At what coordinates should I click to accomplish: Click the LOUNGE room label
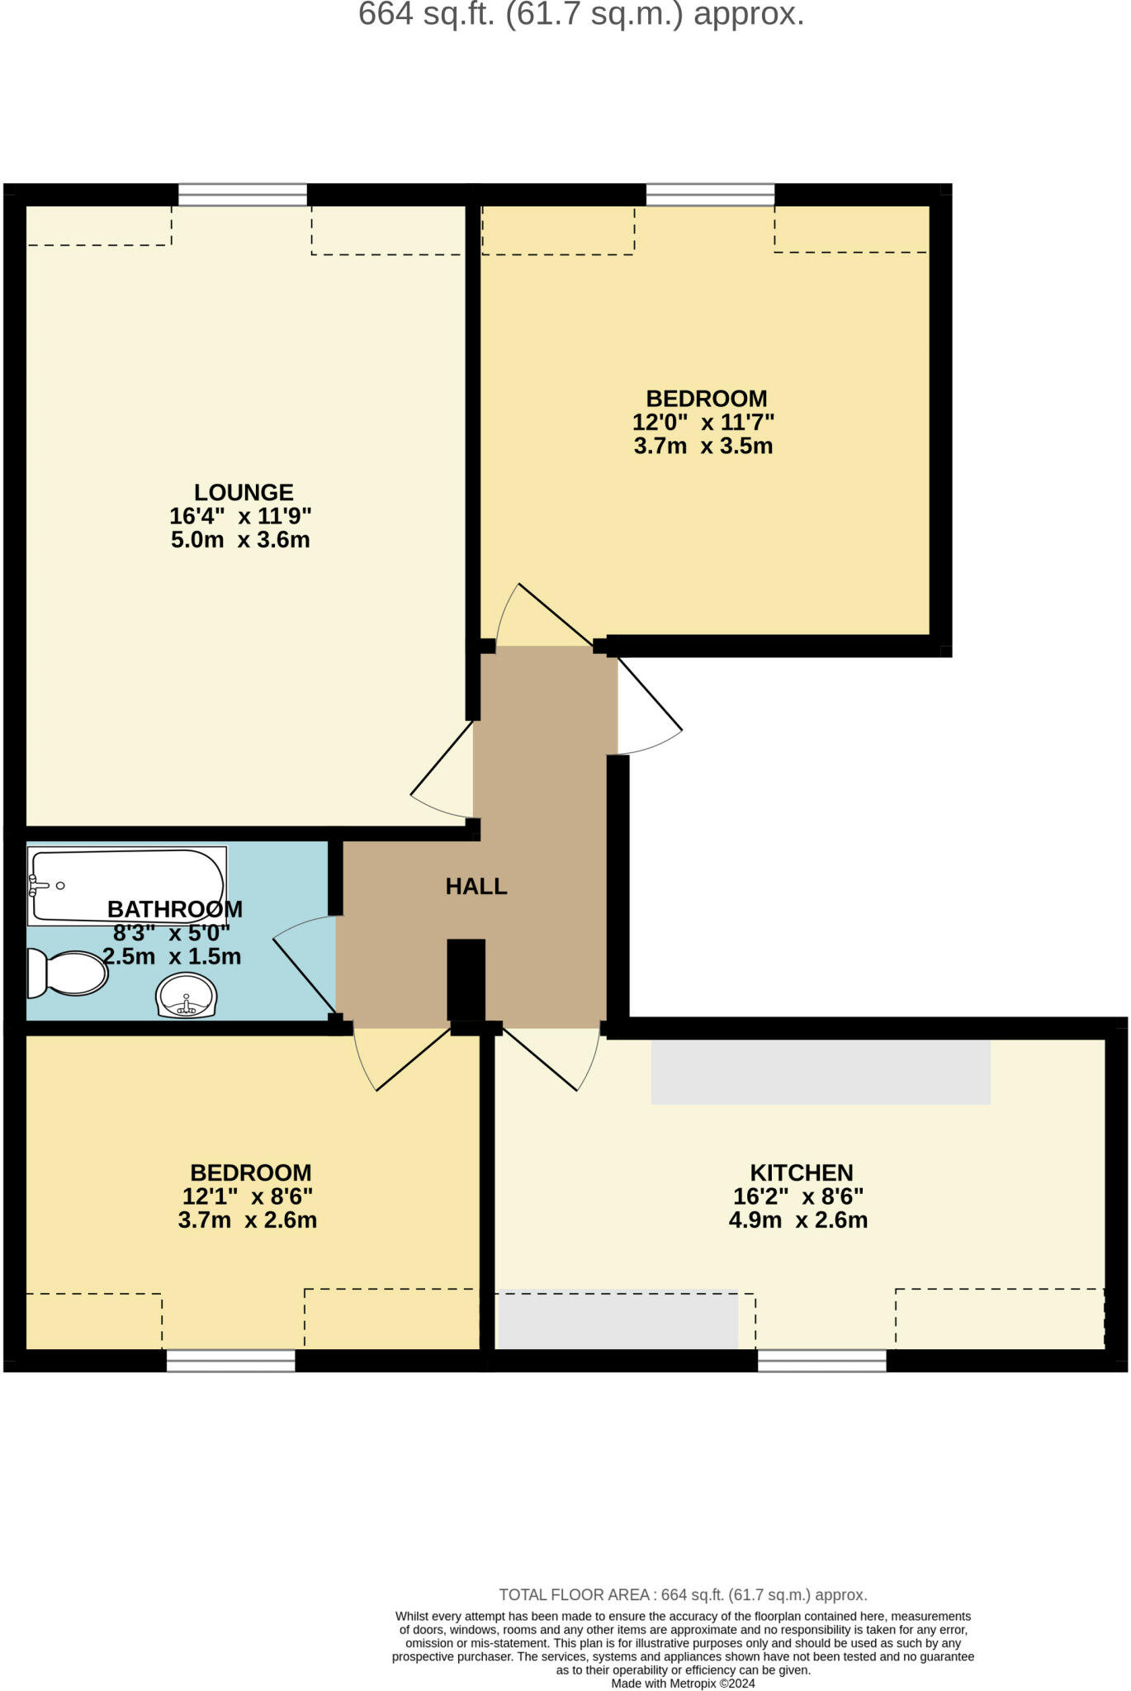pyautogui.click(x=244, y=492)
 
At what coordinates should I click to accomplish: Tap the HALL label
pyautogui.click(x=476, y=887)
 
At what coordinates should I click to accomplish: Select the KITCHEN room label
pyautogui.click(x=801, y=1172)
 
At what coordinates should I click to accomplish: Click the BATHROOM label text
pyautogui.click(x=175, y=910)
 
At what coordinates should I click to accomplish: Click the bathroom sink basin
pyautogui.click(x=186, y=997)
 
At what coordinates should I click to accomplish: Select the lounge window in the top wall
pyautogui.click(x=243, y=195)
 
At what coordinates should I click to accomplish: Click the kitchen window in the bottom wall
pyautogui.click(x=821, y=1361)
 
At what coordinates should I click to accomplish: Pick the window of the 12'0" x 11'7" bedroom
pyautogui.click(x=710, y=195)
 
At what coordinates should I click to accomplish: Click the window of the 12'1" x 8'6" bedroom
pyautogui.click(x=230, y=1361)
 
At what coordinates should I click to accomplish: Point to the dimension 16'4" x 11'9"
pyautogui.click(x=240, y=517)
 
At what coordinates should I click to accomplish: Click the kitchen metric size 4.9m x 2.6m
pyautogui.click(x=798, y=1220)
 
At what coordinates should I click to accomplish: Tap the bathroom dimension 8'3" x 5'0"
pyautogui.click(x=172, y=934)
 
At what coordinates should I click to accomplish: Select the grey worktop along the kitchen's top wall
pyautogui.click(x=821, y=1072)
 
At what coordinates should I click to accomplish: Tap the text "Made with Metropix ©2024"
pyautogui.click(x=683, y=1683)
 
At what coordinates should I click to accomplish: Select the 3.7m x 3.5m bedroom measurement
pyautogui.click(x=703, y=447)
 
